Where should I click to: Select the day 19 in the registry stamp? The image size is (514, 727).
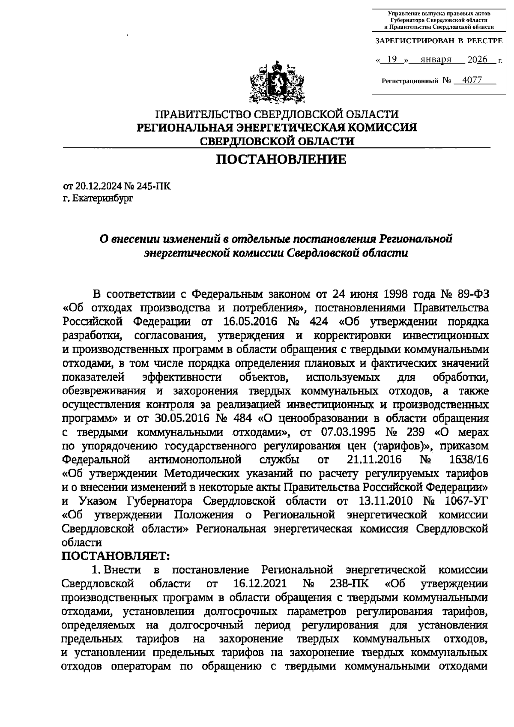pos(391,60)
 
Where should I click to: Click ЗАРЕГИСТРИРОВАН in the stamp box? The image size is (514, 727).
pos(414,41)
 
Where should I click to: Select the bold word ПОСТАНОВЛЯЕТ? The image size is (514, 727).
pos(116,556)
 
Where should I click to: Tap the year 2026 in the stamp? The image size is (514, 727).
pos(478,60)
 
